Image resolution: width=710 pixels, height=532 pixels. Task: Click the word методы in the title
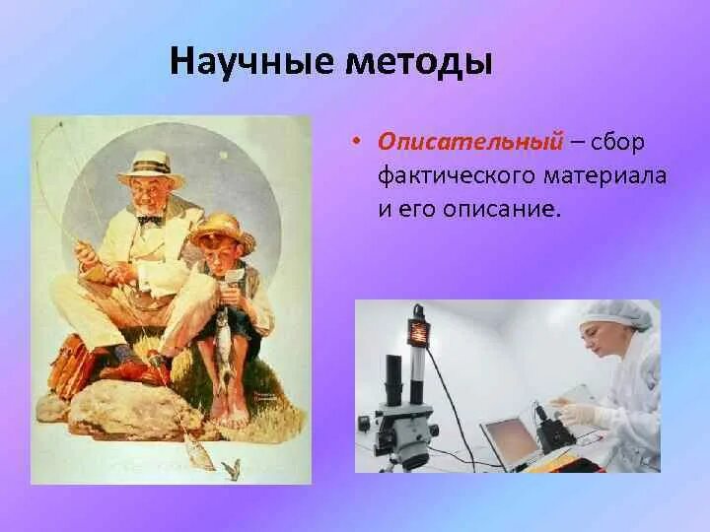pyautogui.click(x=418, y=62)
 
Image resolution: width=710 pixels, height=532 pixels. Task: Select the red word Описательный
pyautogui.click(x=471, y=142)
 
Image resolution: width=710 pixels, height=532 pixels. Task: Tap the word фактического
pyautogui.click(x=456, y=176)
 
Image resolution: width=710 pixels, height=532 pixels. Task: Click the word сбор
pyautogui.click(x=617, y=142)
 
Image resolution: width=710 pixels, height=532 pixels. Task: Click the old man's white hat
pyautogui.click(x=151, y=167)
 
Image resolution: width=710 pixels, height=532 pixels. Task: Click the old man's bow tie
pyautogui.click(x=150, y=220)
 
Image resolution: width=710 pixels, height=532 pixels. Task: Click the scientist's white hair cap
pyautogui.click(x=618, y=313)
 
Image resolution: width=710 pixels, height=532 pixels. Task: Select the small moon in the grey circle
pyautogui.click(x=223, y=156)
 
